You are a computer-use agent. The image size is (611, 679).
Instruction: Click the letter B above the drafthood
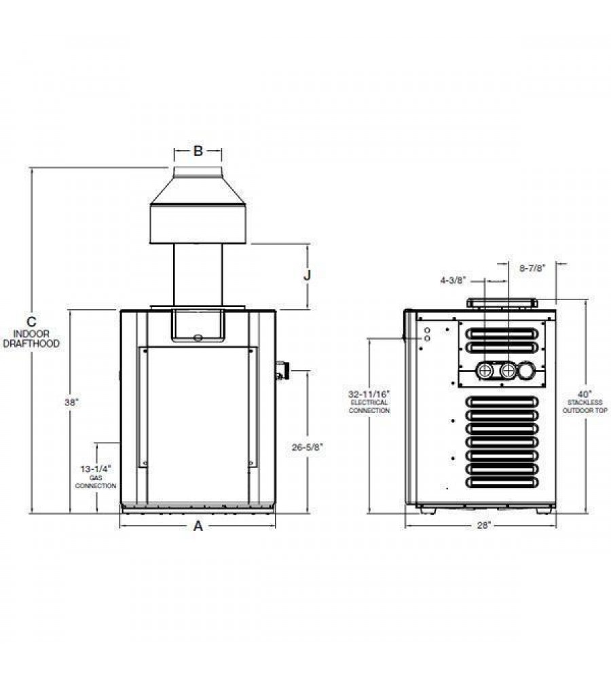198,151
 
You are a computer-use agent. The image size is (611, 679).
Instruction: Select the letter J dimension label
307,276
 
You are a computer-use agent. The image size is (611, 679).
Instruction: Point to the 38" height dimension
71,402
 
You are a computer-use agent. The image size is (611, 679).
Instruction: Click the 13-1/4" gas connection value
96,469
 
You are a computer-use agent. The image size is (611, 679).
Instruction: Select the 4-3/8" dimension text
451,279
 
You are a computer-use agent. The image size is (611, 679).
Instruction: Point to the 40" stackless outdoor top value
585,393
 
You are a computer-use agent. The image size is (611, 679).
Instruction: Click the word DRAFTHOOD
32,344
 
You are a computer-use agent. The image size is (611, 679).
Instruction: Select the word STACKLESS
585,402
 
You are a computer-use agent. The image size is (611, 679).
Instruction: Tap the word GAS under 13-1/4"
96,477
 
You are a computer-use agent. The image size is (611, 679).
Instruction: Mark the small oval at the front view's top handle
198,337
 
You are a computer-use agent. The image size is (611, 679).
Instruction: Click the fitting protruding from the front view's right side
281,371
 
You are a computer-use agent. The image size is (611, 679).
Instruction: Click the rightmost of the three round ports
527,371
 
